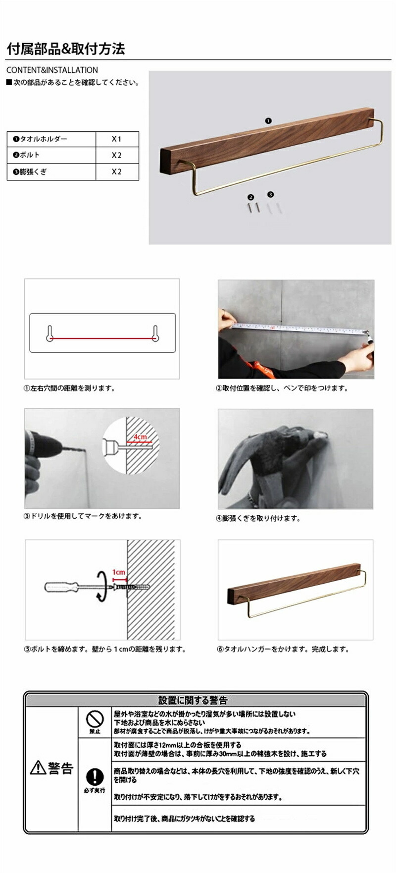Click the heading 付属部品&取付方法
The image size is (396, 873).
click(65, 49)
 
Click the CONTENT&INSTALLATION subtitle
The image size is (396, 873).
click(52, 70)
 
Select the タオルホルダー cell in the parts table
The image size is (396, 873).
click(51, 139)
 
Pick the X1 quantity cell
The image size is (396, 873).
click(117, 139)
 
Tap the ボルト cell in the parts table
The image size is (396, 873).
click(51, 155)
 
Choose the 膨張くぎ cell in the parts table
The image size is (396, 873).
click(51, 172)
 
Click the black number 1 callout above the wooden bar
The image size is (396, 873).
click(268, 121)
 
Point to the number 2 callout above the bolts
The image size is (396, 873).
click(251, 197)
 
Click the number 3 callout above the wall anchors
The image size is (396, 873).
click(270, 195)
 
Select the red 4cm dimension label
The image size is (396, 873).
click(140, 436)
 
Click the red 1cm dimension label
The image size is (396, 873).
click(119, 572)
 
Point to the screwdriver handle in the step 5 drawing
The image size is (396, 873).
click(60, 587)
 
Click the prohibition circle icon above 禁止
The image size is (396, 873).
click(95, 719)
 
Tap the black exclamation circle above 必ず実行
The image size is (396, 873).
click(95, 776)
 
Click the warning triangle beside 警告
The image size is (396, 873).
click(38, 767)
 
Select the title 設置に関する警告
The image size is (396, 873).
click(193, 700)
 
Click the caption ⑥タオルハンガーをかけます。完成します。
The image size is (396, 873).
click(283, 649)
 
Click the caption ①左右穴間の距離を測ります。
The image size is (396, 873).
click(70, 388)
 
